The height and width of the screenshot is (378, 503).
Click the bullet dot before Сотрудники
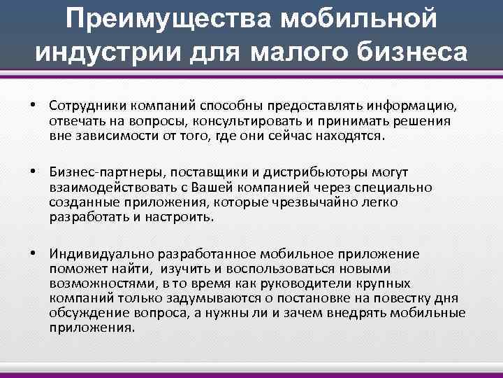point(33,104)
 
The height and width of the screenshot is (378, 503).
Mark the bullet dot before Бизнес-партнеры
point(33,171)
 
